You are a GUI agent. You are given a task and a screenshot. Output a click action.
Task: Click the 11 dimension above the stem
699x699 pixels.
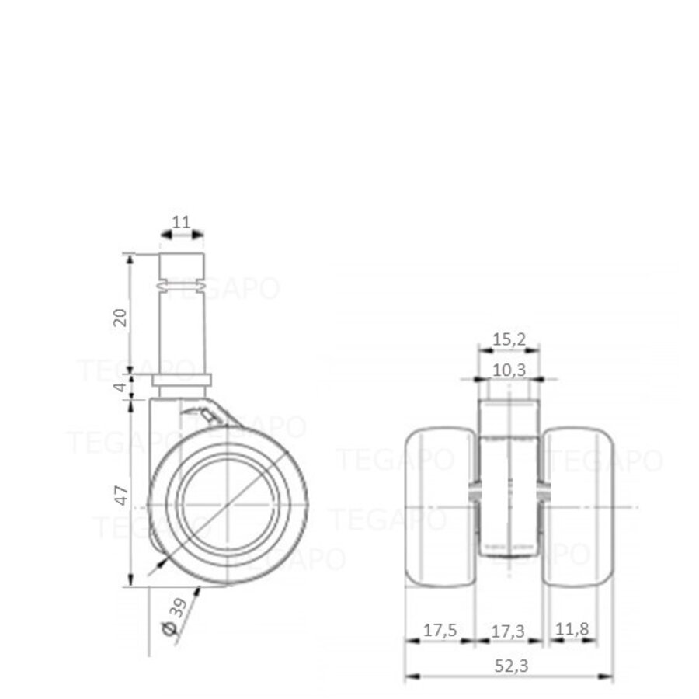coord(181,222)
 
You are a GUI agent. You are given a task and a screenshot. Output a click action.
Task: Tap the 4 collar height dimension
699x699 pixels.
coord(120,386)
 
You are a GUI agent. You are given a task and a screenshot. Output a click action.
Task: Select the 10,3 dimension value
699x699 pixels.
coord(509,370)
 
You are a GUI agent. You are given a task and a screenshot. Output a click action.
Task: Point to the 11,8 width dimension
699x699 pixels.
coord(572,631)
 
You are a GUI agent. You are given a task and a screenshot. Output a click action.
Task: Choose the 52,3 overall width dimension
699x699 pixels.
coord(509,666)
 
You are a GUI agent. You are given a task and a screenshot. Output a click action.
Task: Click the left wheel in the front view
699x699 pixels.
coord(440,506)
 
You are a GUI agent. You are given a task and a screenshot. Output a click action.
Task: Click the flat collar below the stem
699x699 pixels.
coord(181,379)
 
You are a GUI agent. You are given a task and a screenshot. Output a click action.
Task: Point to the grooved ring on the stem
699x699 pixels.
coord(182,287)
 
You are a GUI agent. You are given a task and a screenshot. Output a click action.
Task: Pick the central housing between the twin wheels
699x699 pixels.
coord(509,497)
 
